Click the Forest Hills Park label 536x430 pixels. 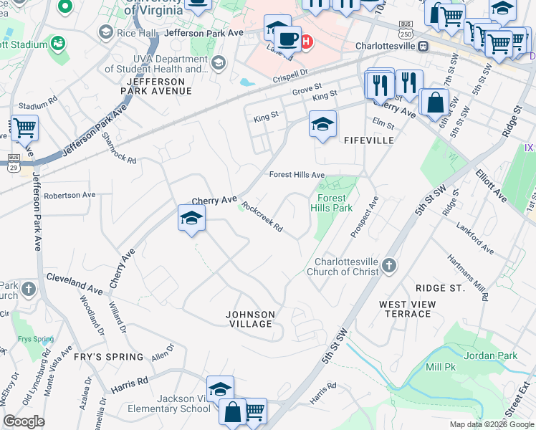point(331,203)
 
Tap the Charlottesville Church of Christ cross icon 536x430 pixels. point(388,266)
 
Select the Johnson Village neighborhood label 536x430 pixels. point(249,319)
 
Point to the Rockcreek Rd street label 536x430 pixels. point(262,217)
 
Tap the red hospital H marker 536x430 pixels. point(306,42)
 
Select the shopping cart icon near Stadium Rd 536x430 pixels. point(24,129)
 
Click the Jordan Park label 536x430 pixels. point(490,355)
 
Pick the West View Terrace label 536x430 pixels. point(405,310)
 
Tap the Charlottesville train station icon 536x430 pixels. point(423,46)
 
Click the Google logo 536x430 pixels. point(24,421)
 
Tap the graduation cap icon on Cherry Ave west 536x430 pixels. point(191,219)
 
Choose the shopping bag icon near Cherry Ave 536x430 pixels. point(434,103)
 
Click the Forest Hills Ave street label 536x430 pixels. point(297,175)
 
